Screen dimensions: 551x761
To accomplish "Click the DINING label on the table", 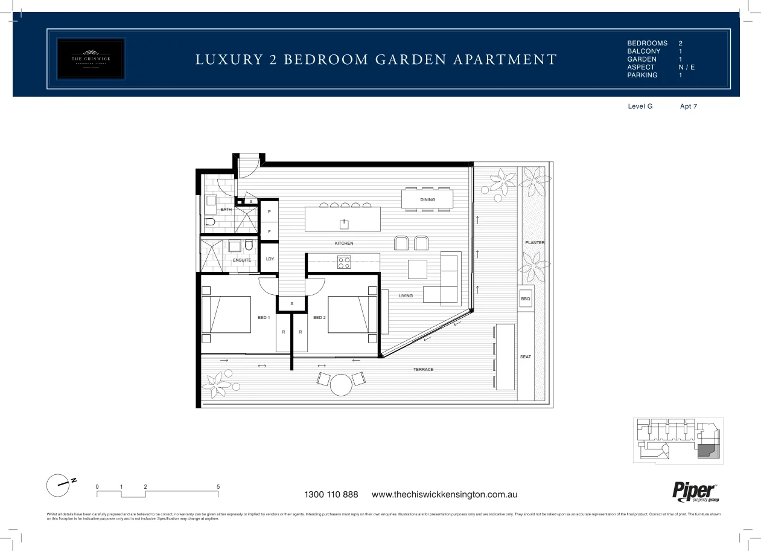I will pyautogui.click(x=427, y=200).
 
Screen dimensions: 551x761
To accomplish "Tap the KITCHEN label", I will pyautogui.click(x=344, y=243).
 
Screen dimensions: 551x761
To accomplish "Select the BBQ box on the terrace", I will pyautogui.click(x=525, y=299).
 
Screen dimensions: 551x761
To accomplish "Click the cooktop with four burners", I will pyautogui.click(x=344, y=262).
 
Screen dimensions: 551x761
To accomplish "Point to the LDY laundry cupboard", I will pyautogui.click(x=270, y=259).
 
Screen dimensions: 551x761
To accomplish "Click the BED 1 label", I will pyautogui.click(x=264, y=317).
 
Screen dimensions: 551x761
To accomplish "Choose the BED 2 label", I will pyautogui.click(x=319, y=317).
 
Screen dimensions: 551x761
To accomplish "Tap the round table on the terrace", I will pyautogui.click(x=341, y=384).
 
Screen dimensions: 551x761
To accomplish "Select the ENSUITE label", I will pyautogui.click(x=242, y=260).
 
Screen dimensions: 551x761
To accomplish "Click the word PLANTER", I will pyautogui.click(x=535, y=243).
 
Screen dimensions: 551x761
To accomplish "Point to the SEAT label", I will pyautogui.click(x=526, y=357).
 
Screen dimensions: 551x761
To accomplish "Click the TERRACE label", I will pyautogui.click(x=423, y=370).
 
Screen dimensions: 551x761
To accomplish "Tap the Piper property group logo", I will pyautogui.click(x=695, y=492).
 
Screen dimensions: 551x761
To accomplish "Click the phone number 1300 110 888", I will pyautogui.click(x=331, y=495).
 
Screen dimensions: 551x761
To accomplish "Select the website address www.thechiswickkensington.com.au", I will pyautogui.click(x=445, y=495).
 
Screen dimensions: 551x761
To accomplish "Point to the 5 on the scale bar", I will pyautogui.click(x=218, y=486).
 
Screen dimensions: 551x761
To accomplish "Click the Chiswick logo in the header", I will pyautogui.click(x=91, y=59).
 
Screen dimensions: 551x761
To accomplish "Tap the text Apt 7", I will pyautogui.click(x=689, y=106).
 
